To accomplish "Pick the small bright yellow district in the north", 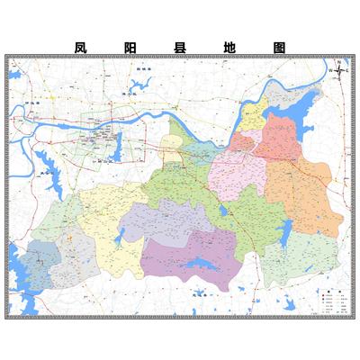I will (254, 117).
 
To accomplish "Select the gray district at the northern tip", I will (286, 101).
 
